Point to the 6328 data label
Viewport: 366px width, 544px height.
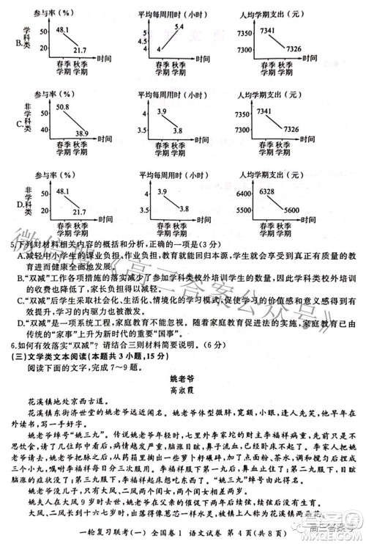click(267, 191)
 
